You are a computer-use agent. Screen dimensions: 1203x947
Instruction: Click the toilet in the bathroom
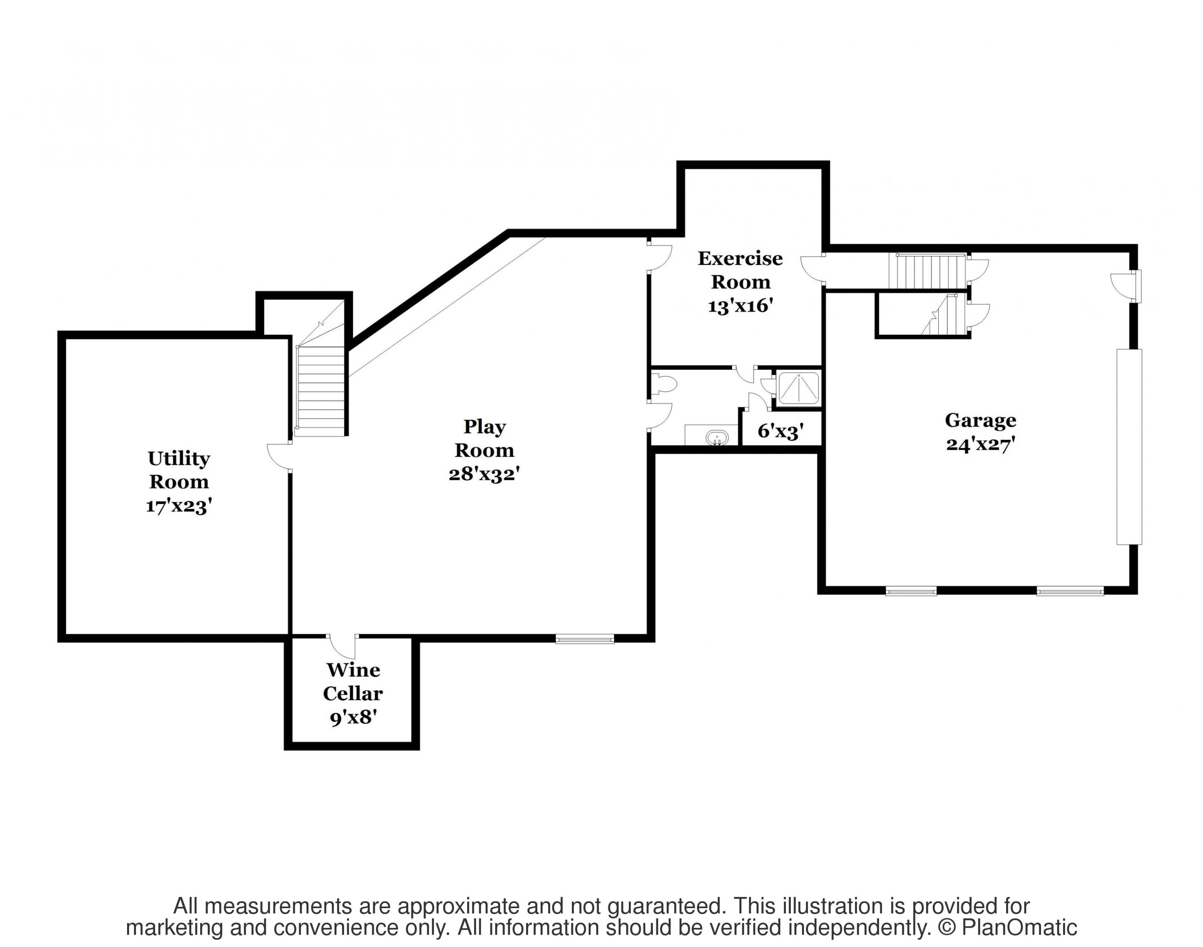pos(663,384)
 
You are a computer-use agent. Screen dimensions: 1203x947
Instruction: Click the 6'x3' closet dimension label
pos(780,431)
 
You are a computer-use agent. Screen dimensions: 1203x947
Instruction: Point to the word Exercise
pos(740,258)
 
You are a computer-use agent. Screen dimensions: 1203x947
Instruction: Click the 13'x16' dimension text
pos(740,306)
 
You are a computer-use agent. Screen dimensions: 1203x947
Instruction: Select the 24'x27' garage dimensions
pos(980,445)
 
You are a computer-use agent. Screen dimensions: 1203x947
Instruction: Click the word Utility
pos(178,459)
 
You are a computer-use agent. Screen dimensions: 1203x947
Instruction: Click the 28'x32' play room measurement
pos(484,474)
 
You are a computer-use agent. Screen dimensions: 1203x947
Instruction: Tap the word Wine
pos(353,670)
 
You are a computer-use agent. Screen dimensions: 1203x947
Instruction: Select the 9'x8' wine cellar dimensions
pos(353,718)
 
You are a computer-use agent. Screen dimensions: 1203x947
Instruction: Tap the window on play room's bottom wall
pos(585,639)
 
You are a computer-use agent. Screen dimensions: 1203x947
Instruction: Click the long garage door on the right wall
pos(1129,447)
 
